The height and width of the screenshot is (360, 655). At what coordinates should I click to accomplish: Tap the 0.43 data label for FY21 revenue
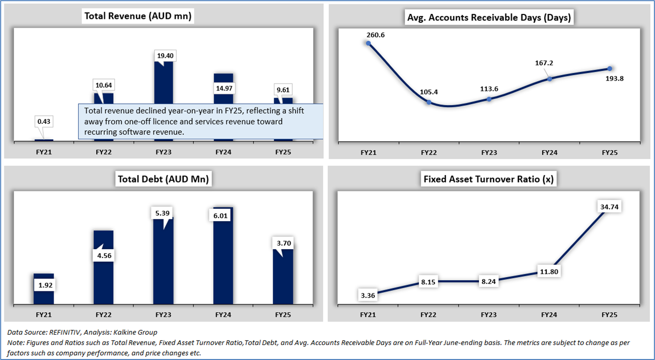point(43,121)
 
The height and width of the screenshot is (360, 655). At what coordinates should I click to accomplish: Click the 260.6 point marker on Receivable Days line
point(369,43)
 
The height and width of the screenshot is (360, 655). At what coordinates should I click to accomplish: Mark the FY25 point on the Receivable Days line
point(610,69)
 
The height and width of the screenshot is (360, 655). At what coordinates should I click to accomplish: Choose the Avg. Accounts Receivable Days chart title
point(489,18)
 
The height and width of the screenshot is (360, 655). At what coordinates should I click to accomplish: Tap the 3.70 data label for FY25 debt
point(283,244)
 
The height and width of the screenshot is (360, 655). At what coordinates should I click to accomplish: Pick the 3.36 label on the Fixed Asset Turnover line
point(369,295)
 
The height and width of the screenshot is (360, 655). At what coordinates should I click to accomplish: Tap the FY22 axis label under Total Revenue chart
point(103,152)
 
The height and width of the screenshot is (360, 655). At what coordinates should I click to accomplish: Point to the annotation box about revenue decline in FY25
point(201,121)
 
